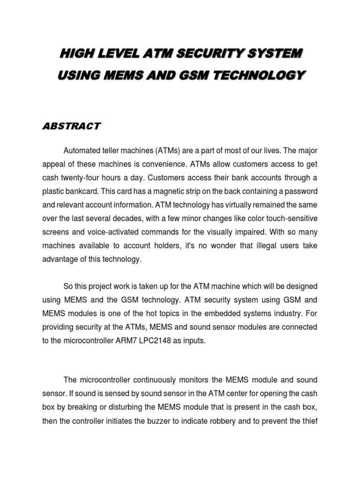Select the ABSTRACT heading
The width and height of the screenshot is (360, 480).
click(72, 126)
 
